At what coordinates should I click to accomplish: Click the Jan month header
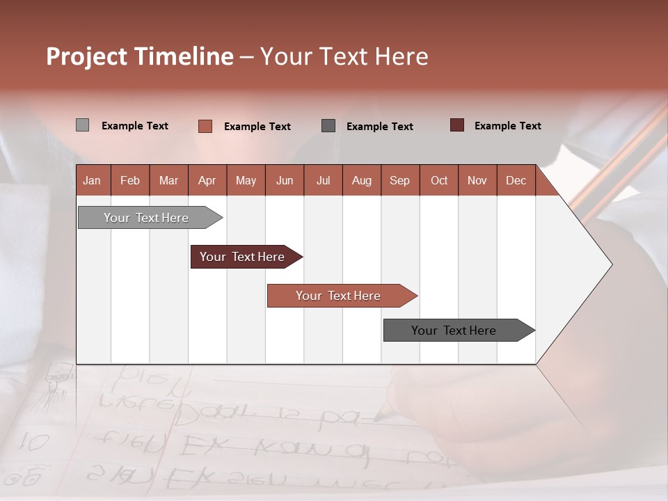tap(92, 180)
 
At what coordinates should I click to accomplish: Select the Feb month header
tap(130, 180)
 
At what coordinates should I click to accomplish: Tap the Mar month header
tap(168, 180)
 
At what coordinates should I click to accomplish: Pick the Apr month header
tap(207, 180)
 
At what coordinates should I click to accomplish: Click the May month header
tap(246, 180)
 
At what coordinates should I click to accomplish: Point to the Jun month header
tap(285, 180)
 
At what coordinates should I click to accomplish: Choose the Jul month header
tap(323, 180)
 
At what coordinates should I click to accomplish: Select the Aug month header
tap(362, 180)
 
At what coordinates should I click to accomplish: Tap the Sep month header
tap(400, 180)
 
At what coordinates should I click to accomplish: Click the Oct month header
tap(439, 180)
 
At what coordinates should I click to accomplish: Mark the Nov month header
tap(477, 180)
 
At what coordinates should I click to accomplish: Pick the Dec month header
tap(516, 180)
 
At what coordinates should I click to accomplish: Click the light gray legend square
tap(82, 125)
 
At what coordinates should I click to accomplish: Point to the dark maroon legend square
tap(457, 125)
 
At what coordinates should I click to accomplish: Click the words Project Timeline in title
tap(140, 56)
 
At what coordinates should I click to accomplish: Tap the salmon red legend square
tap(205, 126)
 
